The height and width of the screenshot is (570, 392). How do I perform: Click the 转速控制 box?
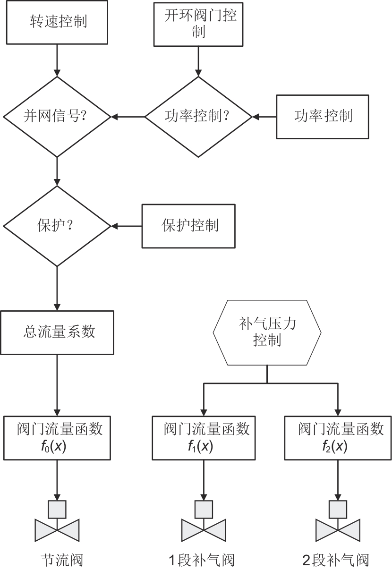click(x=57, y=23)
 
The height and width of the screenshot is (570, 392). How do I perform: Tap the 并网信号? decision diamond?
click(x=57, y=116)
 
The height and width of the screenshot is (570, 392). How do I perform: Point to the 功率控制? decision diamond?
click(x=198, y=116)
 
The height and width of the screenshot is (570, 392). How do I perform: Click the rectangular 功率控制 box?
click(x=323, y=116)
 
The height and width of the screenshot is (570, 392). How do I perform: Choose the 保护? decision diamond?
click(x=57, y=226)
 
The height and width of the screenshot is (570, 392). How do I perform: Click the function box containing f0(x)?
click(x=57, y=437)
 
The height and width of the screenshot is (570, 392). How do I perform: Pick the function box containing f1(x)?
click(x=204, y=437)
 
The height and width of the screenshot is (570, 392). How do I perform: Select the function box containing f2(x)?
click(x=338, y=437)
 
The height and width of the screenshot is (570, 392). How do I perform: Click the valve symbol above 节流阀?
click(x=57, y=522)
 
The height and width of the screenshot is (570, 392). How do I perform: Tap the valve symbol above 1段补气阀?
click(x=204, y=522)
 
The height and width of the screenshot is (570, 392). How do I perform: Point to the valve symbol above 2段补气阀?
click(x=338, y=522)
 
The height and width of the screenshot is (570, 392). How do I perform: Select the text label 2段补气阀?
click(x=335, y=561)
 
